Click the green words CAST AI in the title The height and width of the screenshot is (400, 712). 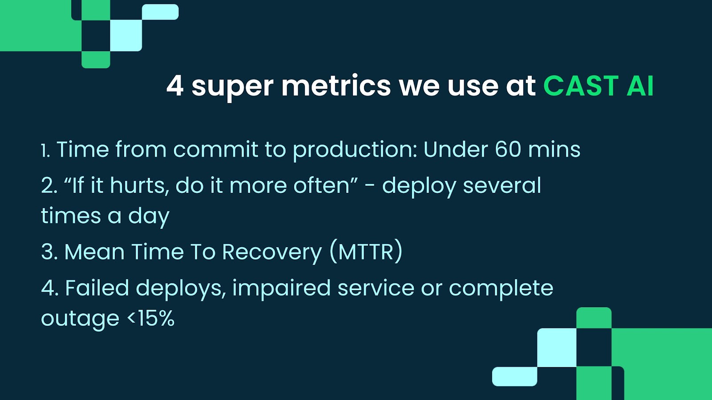pos(599,86)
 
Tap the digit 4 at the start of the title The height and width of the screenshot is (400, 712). pos(175,86)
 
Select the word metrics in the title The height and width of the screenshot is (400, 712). pos(336,86)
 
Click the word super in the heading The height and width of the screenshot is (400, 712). pos(232,88)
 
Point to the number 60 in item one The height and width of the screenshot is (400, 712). pos(508,149)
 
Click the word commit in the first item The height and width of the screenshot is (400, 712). pos(215,149)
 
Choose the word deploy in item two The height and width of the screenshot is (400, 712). pos(419,187)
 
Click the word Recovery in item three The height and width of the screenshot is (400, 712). pos(272,253)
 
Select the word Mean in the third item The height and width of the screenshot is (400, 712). pos(94,252)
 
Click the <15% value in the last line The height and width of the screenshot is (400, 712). pos(151,318)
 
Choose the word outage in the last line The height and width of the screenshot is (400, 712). pos(80,320)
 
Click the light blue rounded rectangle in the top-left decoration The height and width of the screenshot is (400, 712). pos(160,12)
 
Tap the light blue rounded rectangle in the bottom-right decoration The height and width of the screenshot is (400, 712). pos(514,376)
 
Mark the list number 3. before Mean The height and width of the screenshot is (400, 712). pos(49,252)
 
